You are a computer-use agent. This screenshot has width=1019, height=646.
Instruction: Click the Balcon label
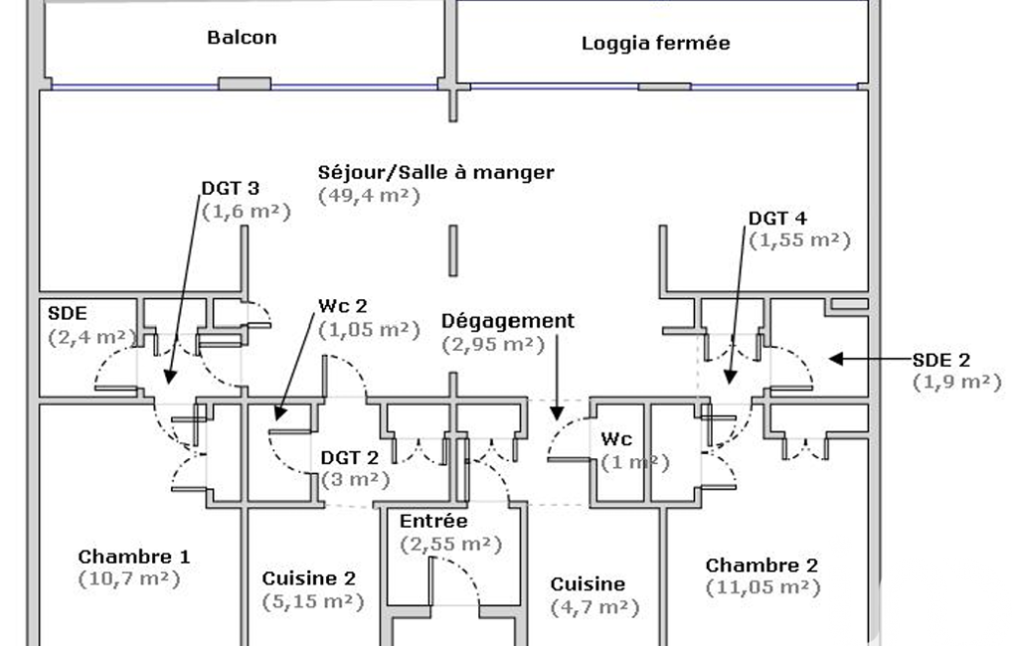point(242,38)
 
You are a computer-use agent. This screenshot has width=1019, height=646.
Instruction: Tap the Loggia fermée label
point(655,44)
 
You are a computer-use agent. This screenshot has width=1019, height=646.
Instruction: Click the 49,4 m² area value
point(369,195)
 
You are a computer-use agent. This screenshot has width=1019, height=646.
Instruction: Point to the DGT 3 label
point(231,188)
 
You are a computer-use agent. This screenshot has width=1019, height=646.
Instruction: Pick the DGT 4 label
point(777,218)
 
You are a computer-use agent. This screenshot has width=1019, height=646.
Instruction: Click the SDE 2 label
point(940,360)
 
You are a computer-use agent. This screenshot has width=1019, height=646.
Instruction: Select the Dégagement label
point(507,321)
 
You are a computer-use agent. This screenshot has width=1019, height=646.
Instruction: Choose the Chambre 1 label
point(133,557)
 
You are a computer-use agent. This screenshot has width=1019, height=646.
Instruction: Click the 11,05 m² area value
point(763,587)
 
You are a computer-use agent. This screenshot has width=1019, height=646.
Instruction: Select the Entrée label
point(432,522)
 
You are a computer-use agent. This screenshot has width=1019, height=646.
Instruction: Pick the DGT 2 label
point(349,458)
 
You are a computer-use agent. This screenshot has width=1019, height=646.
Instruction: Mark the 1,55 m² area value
point(799,240)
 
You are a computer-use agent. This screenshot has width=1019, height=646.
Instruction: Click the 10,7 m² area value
point(129,577)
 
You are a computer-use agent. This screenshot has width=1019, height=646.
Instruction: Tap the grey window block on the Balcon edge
point(245,84)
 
